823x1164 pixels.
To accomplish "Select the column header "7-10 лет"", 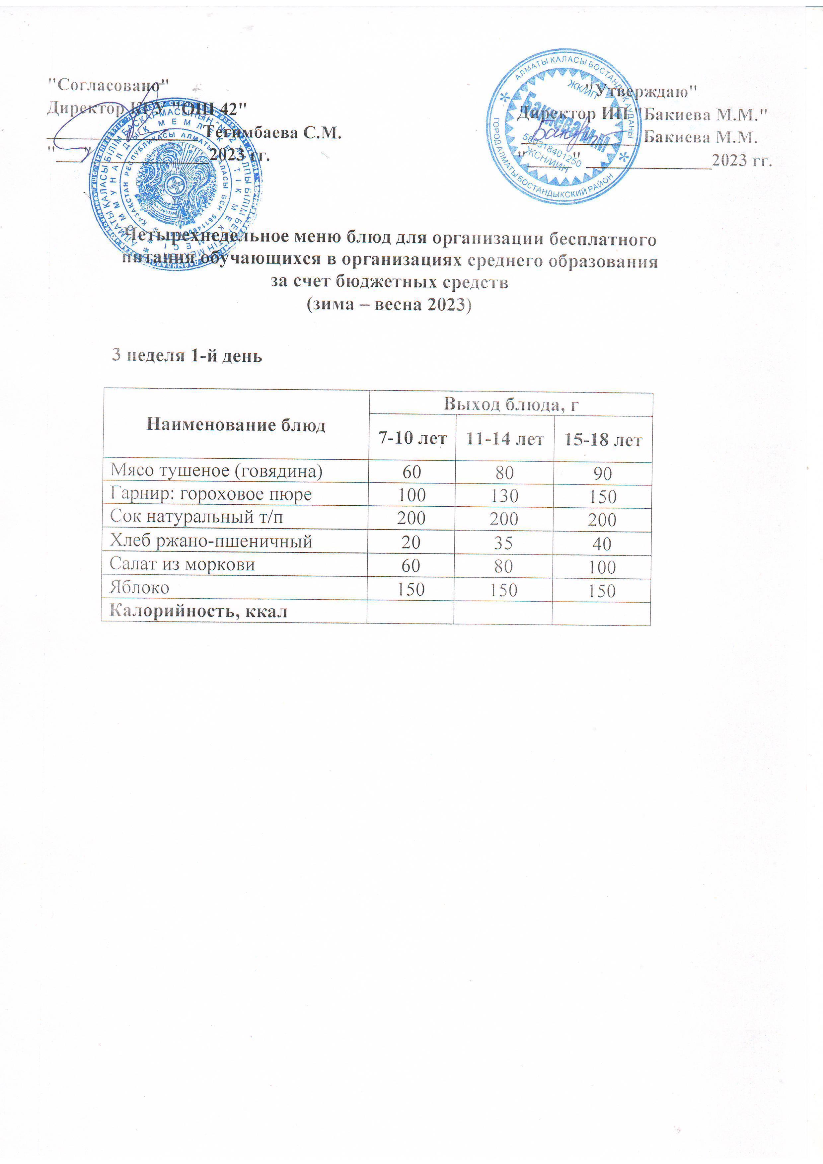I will point(412,438).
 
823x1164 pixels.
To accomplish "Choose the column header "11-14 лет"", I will point(504,439).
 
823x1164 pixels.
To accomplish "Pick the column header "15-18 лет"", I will point(603,440).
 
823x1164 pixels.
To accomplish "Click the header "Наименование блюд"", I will point(236,424).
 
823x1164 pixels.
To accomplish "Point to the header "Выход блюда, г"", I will point(511,404).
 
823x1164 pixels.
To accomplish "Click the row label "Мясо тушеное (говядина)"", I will point(216,471).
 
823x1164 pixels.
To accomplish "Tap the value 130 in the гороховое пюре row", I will point(504,496).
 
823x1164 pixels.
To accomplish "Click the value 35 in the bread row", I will point(503,543).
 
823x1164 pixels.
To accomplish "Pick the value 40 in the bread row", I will point(602,544).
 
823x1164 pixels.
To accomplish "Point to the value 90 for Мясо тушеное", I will point(602,473).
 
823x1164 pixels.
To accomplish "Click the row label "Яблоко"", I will point(139,588).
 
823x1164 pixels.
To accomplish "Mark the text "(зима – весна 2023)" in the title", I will point(390,304).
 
